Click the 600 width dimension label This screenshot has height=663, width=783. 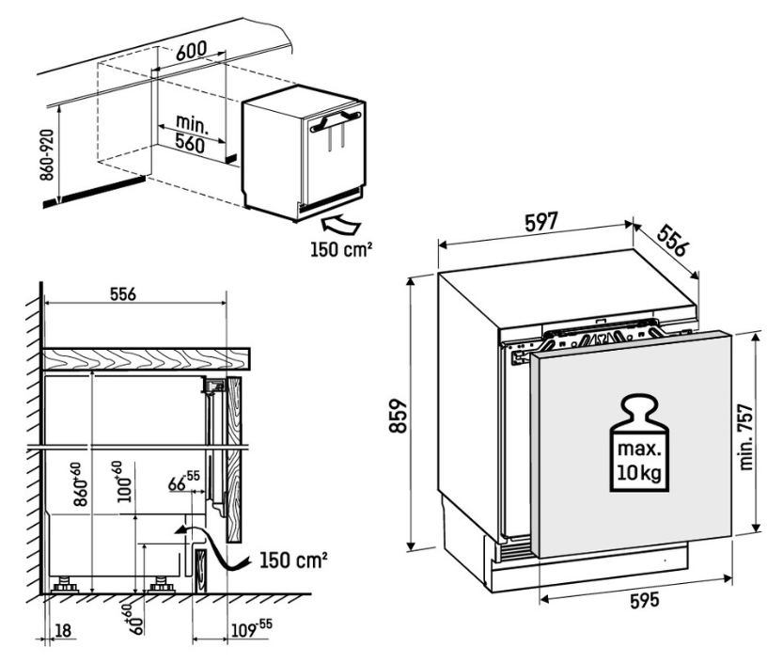pyautogui.click(x=191, y=51)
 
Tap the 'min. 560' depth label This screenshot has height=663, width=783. pyautogui.click(x=190, y=134)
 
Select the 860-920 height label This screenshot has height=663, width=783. pyautogui.click(x=46, y=155)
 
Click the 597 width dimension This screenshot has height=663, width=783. pyautogui.click(x=540, y=221)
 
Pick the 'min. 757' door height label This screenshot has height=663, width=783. pyautogui.click(x=746, y=436)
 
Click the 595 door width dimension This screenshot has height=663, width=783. pyautogui.click(x=644, y=601)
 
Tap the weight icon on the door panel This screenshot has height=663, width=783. pyautogui.click(x=639, y=444)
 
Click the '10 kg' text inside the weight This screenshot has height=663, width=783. pyautogui.click(x=639, y=472)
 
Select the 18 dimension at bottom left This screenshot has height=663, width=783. pyautogui.click(x=62, y=630)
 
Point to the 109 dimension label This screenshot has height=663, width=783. pyautogui.click(x=252, y=629)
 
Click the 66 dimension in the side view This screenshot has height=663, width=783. pyautogui.click(x=183, y=481)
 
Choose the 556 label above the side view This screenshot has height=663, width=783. pyautogui.click(x=123, y=293)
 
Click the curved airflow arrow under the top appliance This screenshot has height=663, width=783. pyautogui.click(x=341, y=225)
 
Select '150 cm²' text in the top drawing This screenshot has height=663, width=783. pyautogui.click(x=341, y=249)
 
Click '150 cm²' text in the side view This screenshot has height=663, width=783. pyautogui.click(x=293, y=560)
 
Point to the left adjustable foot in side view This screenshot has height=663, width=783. pyautogui.click(x=65, y=585)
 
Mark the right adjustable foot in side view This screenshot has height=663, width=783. pyautogui.click(x=161, y=585)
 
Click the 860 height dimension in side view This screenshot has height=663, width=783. pyautogui.click(x=81, y=484)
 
